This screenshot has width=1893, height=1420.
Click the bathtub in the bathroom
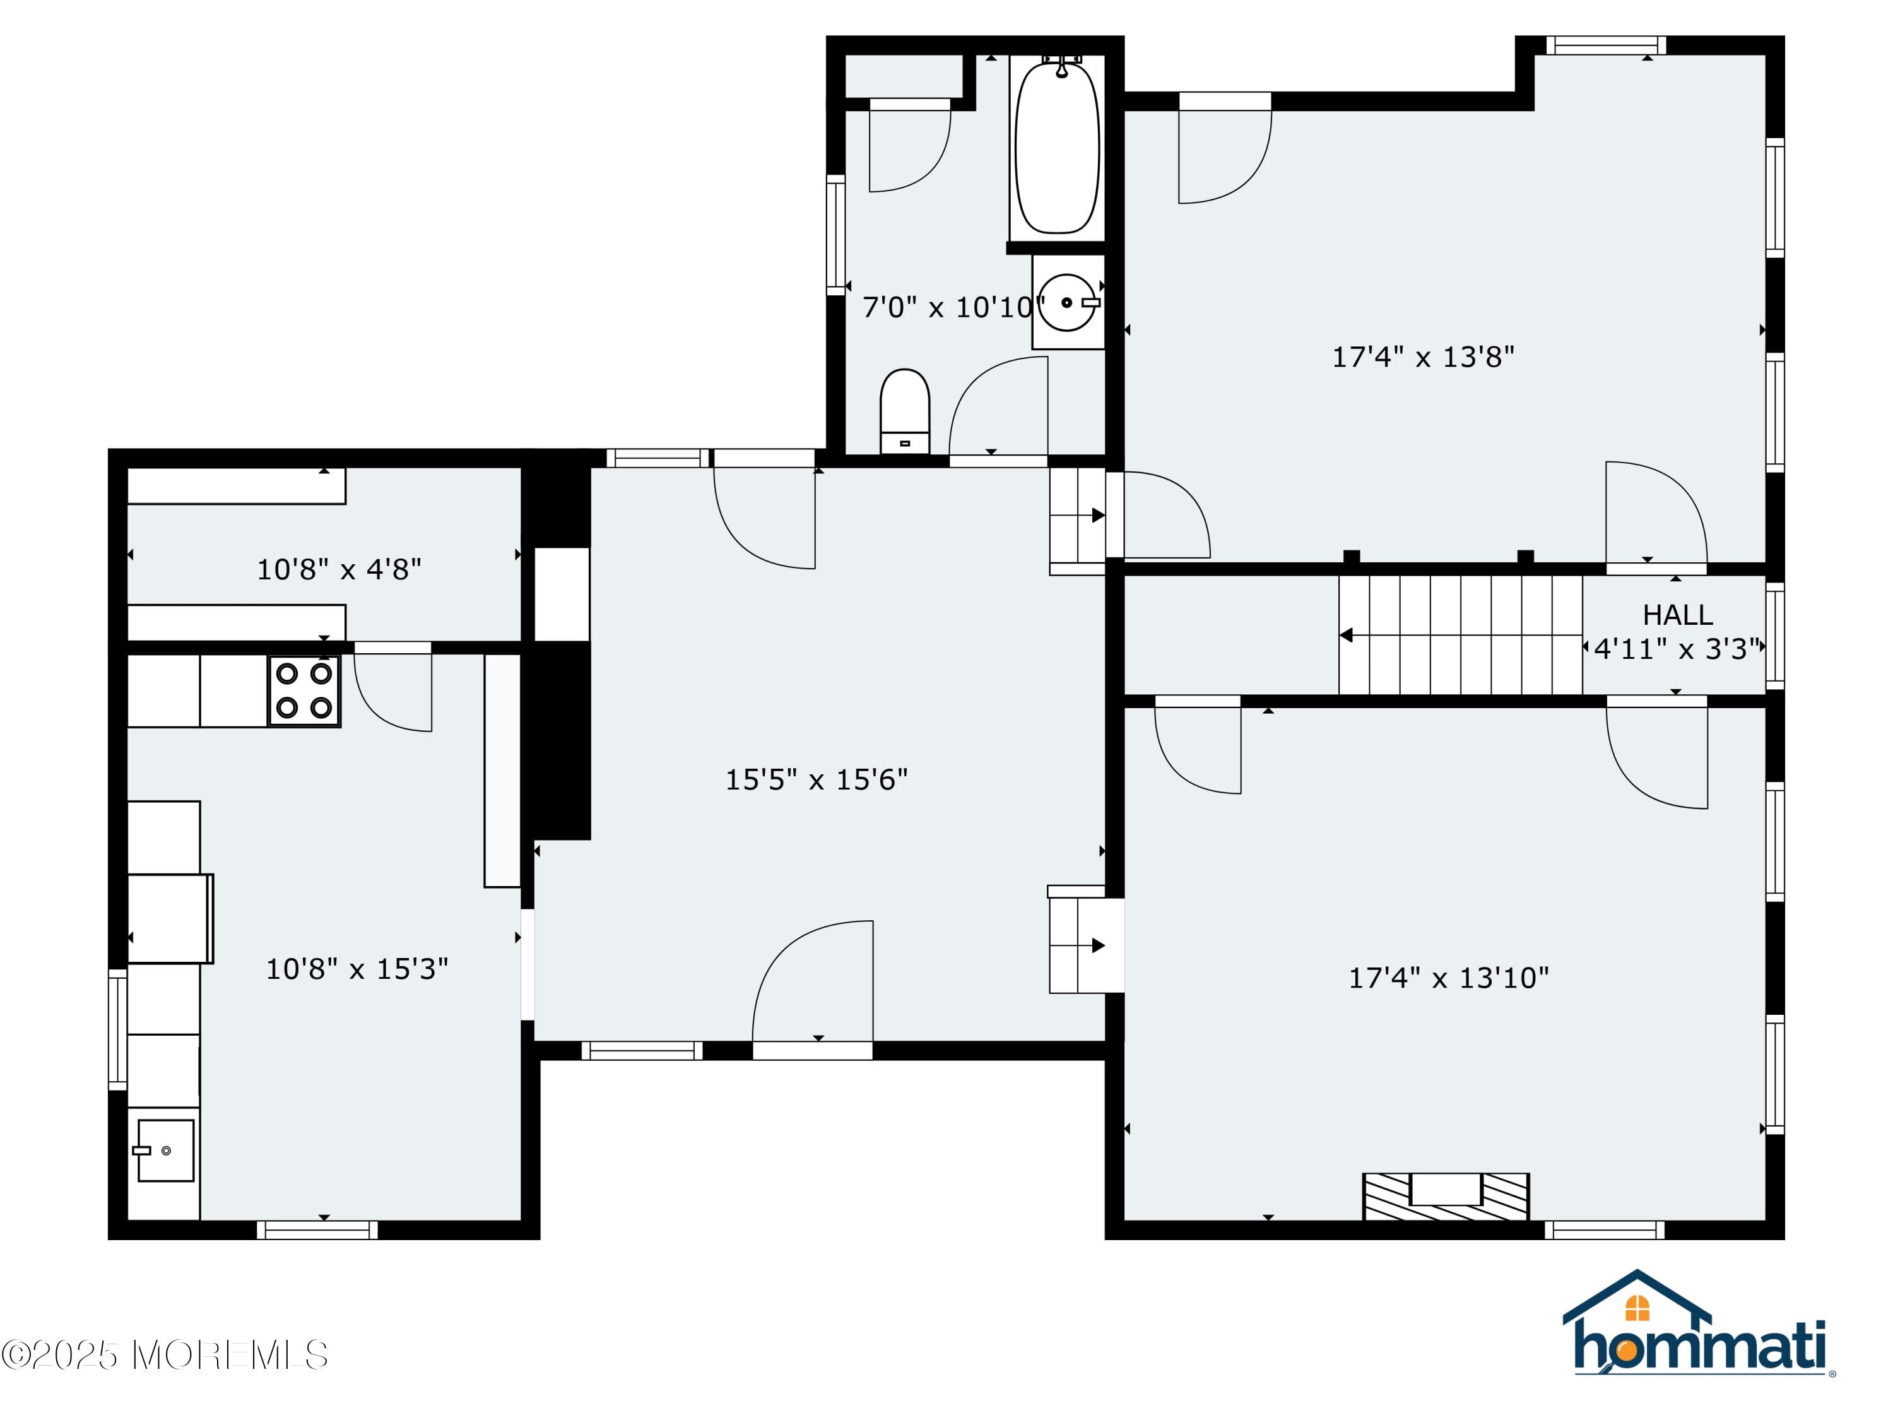point(1057,147)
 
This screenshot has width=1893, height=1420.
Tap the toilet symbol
point(905,411)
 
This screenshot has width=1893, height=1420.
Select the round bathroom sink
point(1066,302)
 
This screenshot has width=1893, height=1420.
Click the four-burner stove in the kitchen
point(304,690)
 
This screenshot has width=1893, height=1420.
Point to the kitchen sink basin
point(165,1151)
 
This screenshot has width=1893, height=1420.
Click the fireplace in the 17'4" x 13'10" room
point(1446,1196)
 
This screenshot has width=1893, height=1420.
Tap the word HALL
point(1677,615)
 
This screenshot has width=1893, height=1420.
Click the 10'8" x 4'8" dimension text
point(339,569)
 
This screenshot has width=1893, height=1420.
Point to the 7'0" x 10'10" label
point(952,307)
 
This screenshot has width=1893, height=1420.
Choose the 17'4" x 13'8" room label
point(1422,357)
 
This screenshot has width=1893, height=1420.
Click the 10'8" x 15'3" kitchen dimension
point(357,969)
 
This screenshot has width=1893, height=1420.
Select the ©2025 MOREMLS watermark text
point(164,1355)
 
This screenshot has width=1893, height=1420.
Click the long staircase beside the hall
point(1460,634)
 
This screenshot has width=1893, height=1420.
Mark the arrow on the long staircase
point(1346,635)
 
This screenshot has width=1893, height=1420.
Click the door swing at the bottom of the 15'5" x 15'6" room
point(813,981)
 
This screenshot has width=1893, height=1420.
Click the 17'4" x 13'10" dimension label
point(1448,978)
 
